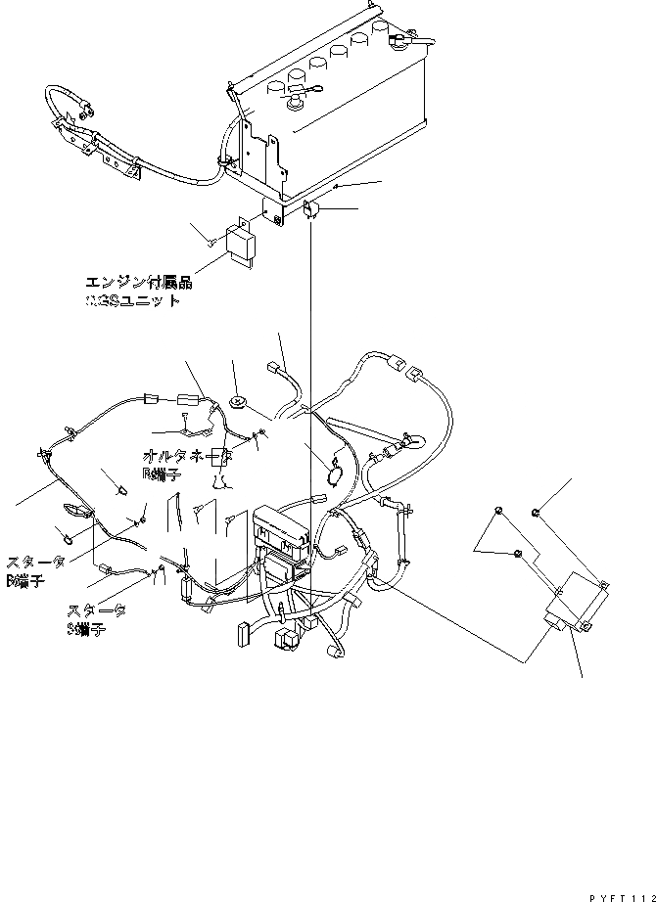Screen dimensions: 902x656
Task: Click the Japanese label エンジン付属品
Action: pos(138,284)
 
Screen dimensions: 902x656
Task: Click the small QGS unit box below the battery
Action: pos(243,244)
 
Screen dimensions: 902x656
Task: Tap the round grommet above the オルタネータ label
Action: pos(238,401)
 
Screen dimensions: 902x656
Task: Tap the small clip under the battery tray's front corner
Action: pos(308,209)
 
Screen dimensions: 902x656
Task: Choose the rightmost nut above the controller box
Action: pos(536,512)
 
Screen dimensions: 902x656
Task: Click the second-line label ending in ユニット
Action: pos(133,301)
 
